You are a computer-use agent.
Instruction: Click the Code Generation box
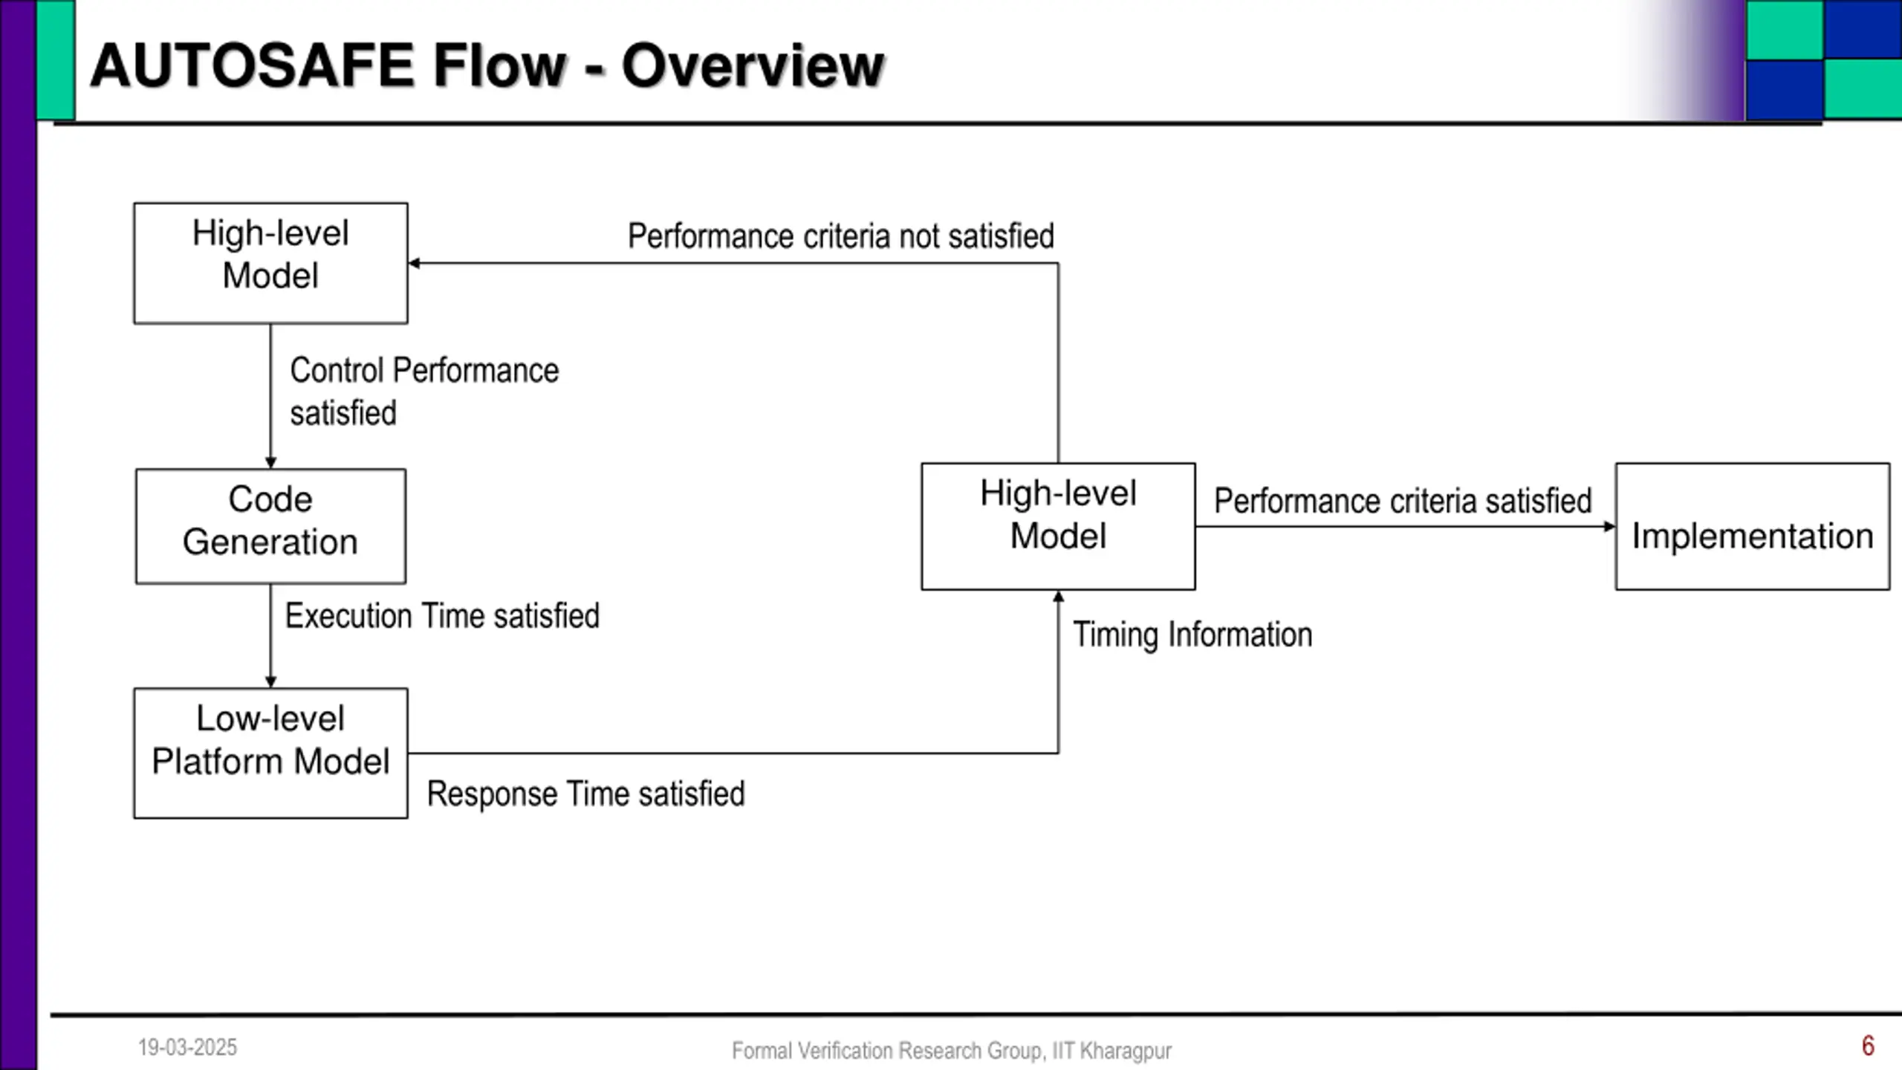click(270, 526)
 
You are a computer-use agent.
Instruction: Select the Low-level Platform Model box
click(270, 753)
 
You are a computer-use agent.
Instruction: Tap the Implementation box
click(1753, 527)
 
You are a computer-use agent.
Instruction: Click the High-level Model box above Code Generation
click(270, 263)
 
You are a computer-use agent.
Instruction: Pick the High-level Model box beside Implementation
click(1058, 527)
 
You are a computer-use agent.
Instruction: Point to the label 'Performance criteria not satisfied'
click(841, 236)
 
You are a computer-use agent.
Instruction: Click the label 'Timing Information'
click(1192, 635)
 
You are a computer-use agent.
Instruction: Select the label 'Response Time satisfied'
click(585, 794)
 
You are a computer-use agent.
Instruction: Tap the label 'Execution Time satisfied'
click(442, 616)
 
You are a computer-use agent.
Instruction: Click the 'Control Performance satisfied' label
click(424, 392)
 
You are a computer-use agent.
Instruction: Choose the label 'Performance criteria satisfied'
click(1403, 501)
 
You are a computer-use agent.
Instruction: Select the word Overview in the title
click(753, 65)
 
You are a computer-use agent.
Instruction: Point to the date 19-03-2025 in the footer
click(187, 1048)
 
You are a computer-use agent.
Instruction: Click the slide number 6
click(1868, 1046)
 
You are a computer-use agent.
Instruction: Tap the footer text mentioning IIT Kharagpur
click(952, 1051)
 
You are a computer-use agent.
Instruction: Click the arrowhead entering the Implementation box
click(1610, 527)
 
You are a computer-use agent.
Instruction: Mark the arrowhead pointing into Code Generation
click(270, 463)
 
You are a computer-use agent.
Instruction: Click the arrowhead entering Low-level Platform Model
click(270, 682)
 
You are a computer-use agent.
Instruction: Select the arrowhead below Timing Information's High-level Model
click(1059, 596)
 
